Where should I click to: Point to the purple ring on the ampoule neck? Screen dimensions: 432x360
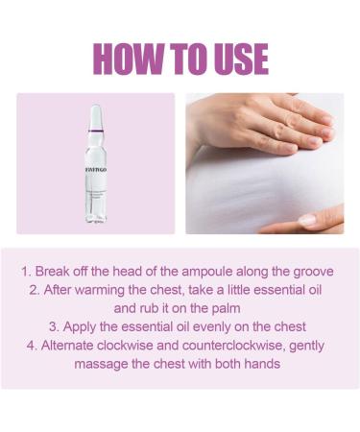click(95, 132)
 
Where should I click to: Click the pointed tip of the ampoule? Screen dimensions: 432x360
click(94, 104)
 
